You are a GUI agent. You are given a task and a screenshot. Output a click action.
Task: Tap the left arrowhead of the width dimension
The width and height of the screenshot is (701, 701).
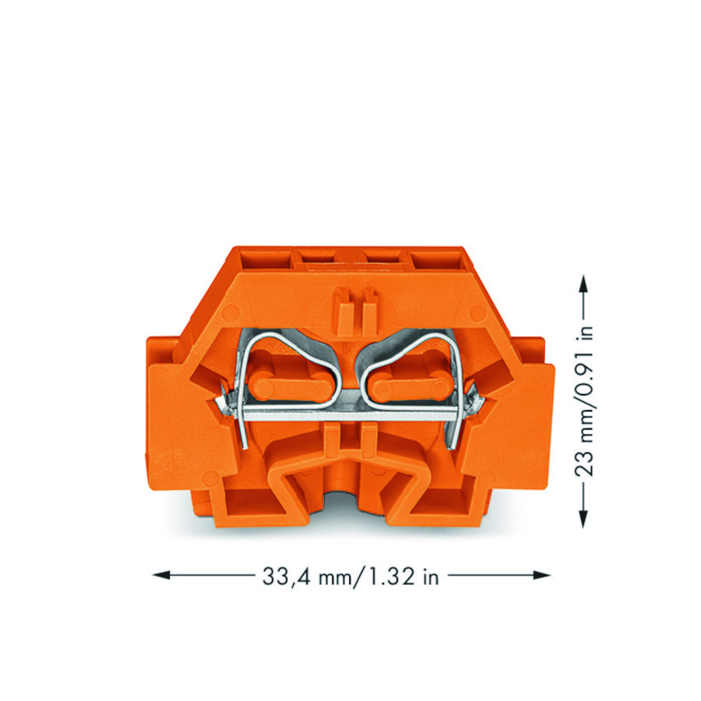coord(161,575)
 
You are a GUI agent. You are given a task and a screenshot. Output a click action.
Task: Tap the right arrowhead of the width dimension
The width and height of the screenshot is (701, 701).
coord(541,575)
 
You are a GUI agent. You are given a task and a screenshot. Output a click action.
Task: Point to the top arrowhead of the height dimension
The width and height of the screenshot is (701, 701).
coord(583,284)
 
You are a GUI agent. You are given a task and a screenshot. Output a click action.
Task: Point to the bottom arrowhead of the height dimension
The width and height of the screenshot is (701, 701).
coord(583,519)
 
